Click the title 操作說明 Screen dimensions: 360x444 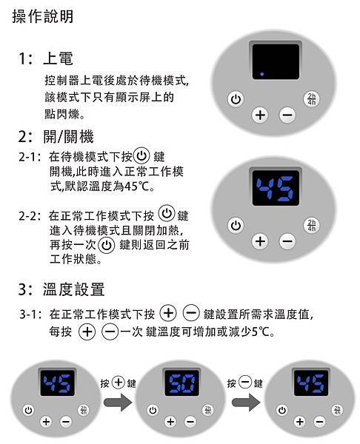click(x=43, y=16)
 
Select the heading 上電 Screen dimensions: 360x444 click(x=58, y=58)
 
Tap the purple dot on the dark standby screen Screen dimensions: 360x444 click(x=262, y=74)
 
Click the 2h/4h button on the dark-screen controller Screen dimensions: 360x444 click(x=312, y=99)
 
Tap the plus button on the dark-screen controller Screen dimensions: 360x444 click(x=260, y=115)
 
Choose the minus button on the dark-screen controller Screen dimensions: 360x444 click(x=287, y=115)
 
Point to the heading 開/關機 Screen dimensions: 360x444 click(x=68, y=136)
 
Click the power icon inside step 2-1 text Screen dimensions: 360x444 click(x=141, y=155)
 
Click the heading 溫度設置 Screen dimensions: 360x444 click(x=73, y=289)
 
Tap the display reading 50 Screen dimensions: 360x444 click(x=181, y=383)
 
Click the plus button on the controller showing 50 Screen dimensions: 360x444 click(x=170, y=422)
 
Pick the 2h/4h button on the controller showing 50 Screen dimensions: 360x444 click(x=208, y=410)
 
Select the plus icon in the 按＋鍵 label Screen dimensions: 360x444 click(x=119, y=383)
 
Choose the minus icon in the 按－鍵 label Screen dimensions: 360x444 click(x=245, y=383)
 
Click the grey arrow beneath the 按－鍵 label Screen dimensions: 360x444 click(x=245, y=402)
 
